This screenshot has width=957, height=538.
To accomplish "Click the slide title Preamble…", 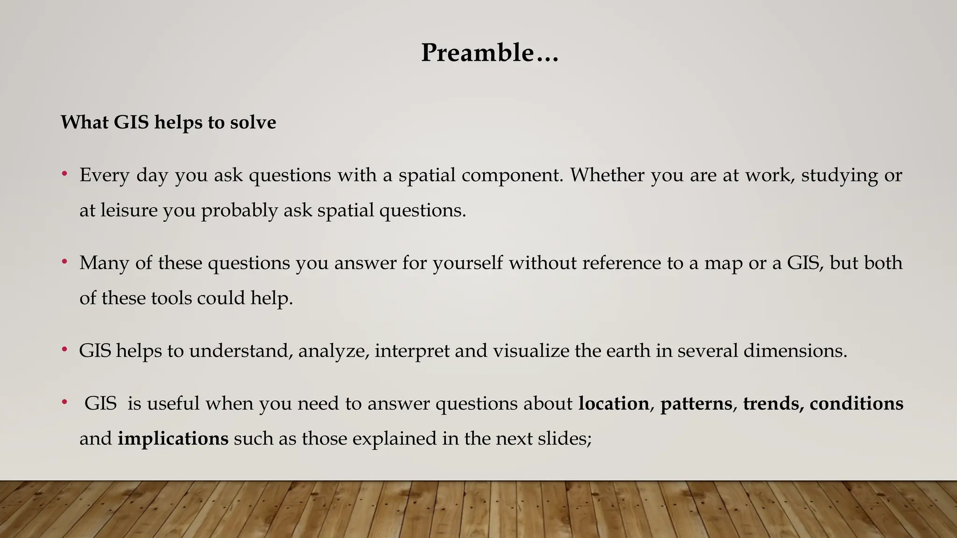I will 489,52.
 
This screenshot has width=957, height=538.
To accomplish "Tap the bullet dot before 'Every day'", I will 64,175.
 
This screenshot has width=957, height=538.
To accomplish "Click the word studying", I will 839,176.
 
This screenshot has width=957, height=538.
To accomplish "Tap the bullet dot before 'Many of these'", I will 64,262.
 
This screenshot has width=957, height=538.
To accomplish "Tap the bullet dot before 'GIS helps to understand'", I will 64,350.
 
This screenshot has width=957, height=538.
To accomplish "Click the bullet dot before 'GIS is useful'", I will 64,403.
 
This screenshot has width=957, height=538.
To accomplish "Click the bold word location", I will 614,403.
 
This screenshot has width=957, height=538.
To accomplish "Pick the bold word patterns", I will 696,404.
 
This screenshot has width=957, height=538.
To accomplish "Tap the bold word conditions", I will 856,403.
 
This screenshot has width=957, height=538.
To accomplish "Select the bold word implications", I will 173,439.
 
